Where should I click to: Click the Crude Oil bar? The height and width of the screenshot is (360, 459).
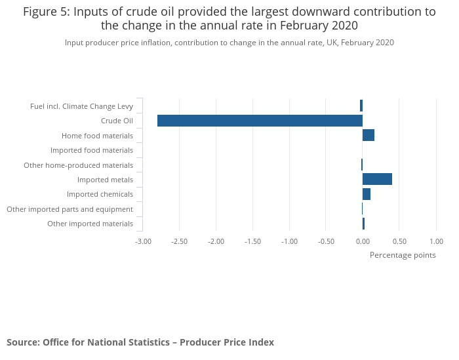(260, 121)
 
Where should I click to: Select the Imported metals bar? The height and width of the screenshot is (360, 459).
(377, 180)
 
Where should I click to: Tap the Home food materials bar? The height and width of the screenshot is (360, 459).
(369, 135)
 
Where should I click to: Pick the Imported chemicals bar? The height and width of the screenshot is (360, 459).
(367, 194)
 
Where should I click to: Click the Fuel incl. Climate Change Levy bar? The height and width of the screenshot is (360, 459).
(361, 106)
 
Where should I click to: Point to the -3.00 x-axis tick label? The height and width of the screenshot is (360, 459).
(143, 241)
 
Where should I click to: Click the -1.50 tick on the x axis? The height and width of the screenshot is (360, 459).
(252, 241)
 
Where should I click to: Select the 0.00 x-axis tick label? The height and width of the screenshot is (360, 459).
(363, 241)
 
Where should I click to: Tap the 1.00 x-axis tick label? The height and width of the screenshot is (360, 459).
(436, 241)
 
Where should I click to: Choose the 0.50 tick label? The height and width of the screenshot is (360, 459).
(399, 241)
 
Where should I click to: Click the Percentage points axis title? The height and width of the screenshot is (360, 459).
(403, 255)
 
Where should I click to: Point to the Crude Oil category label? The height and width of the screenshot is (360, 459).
(117, 121)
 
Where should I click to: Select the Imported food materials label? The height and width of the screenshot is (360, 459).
(92, 150)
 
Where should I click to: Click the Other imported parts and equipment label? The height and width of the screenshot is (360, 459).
(70, 209)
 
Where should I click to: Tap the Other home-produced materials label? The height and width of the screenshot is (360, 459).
(78, 165)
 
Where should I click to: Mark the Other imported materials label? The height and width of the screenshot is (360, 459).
(90, 224)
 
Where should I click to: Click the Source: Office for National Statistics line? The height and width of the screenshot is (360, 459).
(140, 342)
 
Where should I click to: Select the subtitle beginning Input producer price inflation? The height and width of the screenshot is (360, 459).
(229, 43)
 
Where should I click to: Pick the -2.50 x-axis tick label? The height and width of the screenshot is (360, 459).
(180, 241)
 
